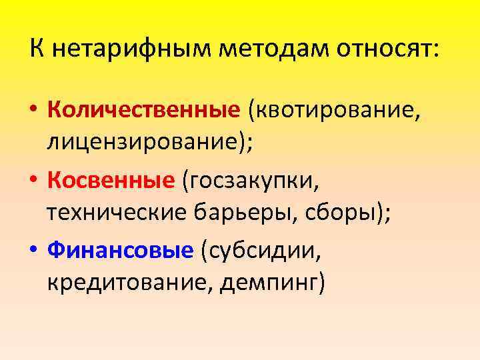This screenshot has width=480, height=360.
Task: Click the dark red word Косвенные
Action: (111, 179)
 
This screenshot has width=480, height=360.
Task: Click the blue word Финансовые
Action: (120, 250)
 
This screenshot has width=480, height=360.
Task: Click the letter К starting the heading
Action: (37, 49)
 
